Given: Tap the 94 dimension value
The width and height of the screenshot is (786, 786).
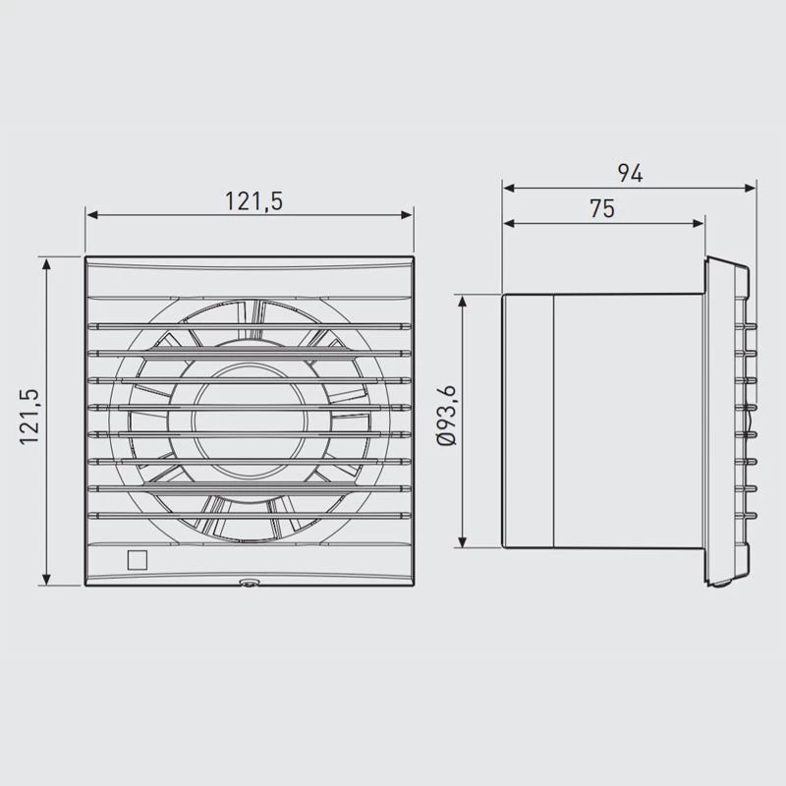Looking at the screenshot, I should (x=630, y=173).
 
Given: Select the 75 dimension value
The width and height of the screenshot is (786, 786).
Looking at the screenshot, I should (x=602, y=209).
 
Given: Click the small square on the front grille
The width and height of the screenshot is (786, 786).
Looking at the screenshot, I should (x=138, y=560).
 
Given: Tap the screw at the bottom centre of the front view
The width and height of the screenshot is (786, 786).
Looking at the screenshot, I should (x=250, y=583).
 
